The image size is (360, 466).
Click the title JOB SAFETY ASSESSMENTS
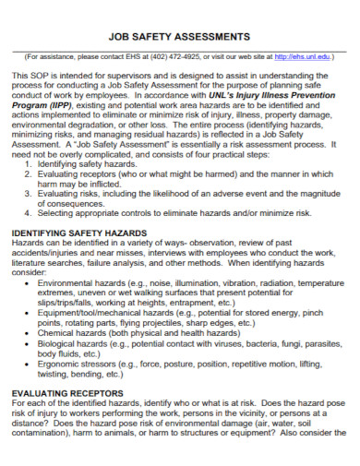tap(179, 36)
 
